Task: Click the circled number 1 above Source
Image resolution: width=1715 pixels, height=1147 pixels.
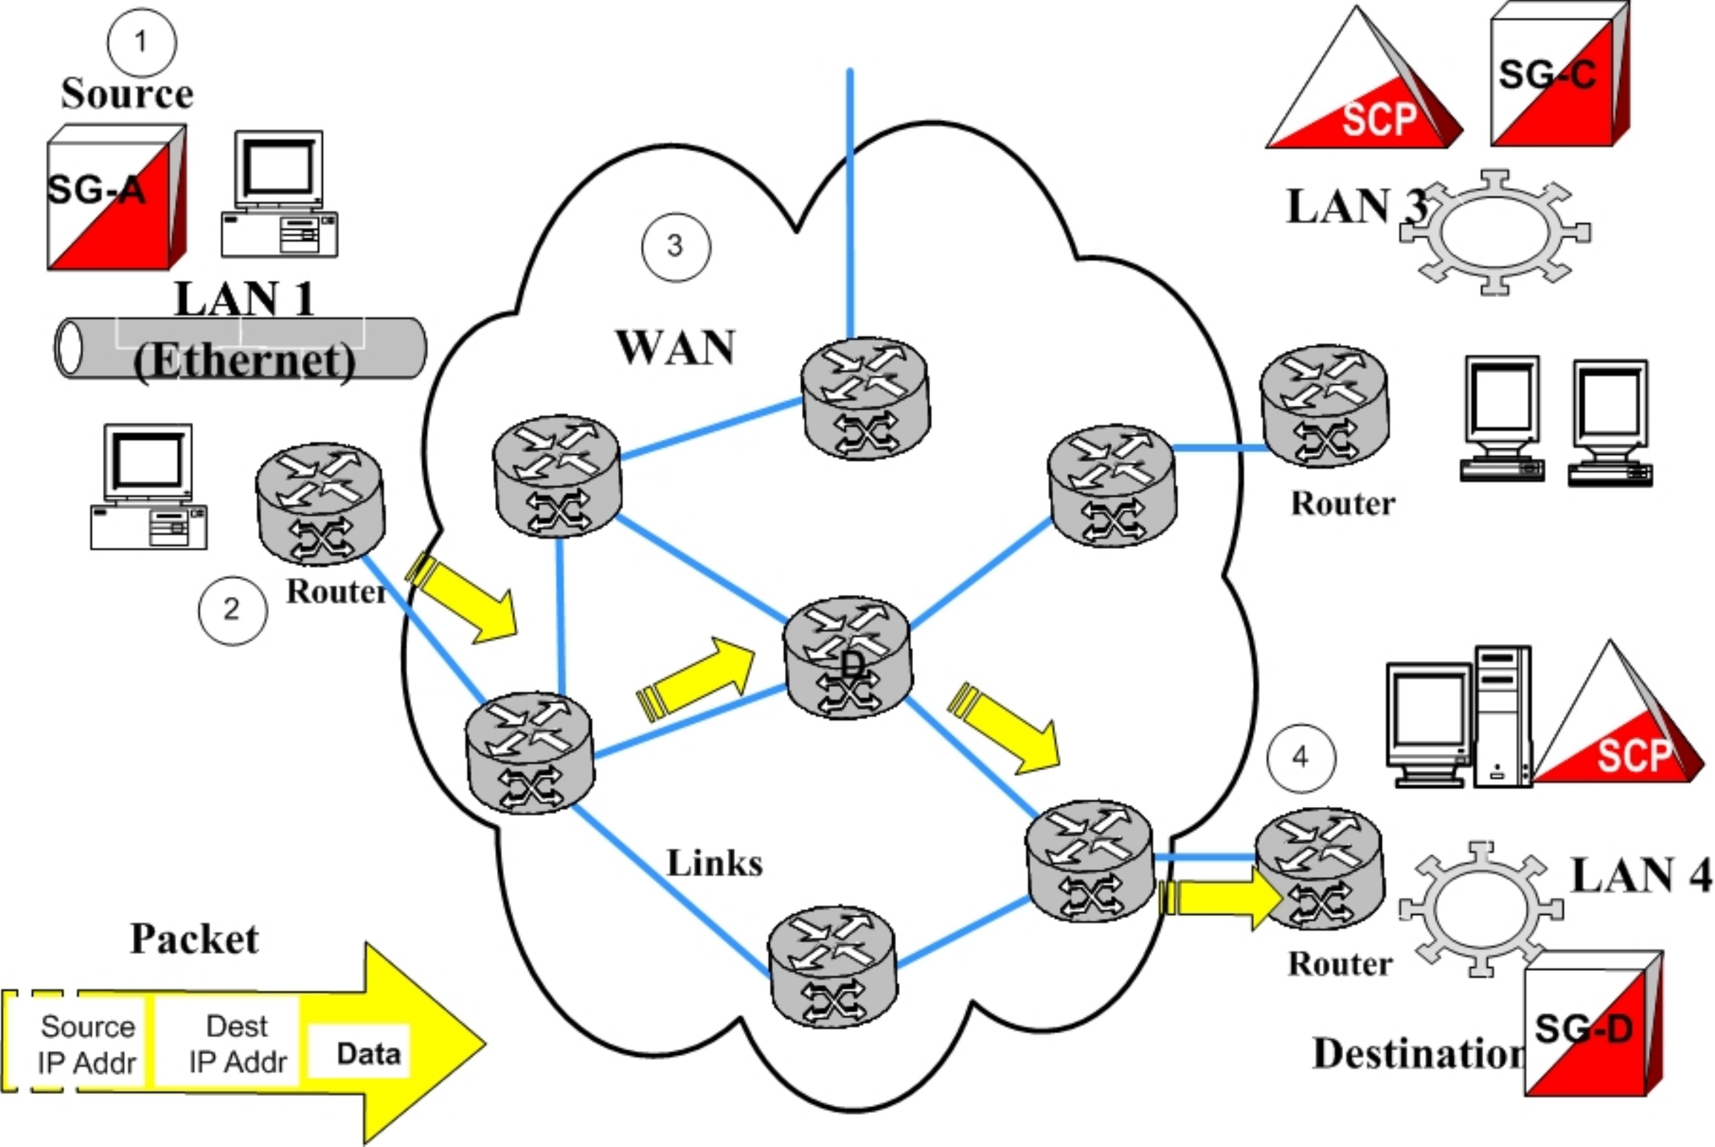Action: [x=141, y=42]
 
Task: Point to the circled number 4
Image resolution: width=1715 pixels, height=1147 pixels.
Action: [x=1300, y=758]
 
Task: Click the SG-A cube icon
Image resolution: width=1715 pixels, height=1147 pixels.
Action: [x=115, y=198]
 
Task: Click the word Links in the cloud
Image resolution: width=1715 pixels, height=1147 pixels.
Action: [x=714, y=863]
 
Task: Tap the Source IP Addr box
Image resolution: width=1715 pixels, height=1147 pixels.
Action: [x=88, y=1043]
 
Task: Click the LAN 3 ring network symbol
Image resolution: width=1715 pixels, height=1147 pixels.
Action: [x=1495, y=233]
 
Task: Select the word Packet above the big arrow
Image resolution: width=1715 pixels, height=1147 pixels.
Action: [x=194, y=939]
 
